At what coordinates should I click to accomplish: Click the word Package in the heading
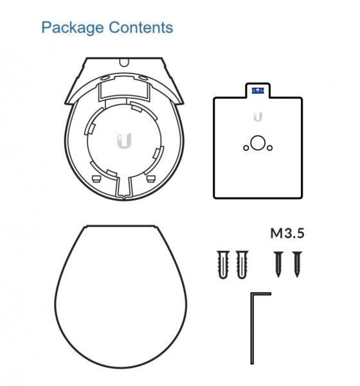(73, 28)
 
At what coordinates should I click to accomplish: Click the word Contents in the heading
(141, 27)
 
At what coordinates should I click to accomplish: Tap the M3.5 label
(287, 233)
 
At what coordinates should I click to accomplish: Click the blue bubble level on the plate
(258, 91)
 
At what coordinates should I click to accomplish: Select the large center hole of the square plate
(258, 143)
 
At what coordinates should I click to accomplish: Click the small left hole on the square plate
(246, 148)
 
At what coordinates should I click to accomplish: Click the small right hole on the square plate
(270, 148)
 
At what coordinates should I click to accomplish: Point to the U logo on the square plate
(258, 116)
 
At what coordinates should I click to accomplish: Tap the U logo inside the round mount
(124, 141)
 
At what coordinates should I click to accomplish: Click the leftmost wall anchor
(223, 264)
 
